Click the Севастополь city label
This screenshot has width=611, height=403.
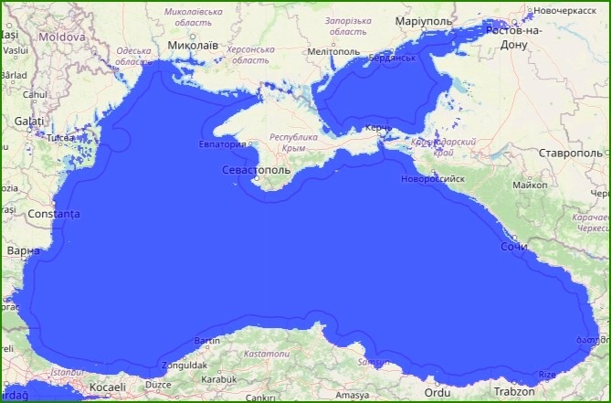pyautogui.click(x=256, y=170)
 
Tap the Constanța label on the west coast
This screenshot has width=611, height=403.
pyautogui.click(x=54, y=214)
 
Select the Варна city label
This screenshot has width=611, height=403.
pyautogui.click(x=23, y=249)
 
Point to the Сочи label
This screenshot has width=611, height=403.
pyautogui.click(x=514, y=247)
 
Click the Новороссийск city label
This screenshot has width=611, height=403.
pyautogui.click(x=433, y=178)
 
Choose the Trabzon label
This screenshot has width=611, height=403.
pyautogui.click(x=513, y=391)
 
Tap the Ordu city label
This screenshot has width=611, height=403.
pyautogui.click(x=438, y=392)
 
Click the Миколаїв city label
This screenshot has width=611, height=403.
pyautogui.click(x=194, y=44)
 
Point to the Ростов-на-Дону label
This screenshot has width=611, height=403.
pyautogui.click(x=514, y=37)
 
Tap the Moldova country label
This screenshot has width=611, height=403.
pyautogui.click(x=63, y=37)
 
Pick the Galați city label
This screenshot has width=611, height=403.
pyautogui.click(x=28, y=121)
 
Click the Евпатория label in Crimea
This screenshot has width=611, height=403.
pyautogui.click(x=223, y=143)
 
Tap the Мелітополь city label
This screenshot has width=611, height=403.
pyautogui.click(x=334, y=52)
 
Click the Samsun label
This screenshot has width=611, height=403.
pyautogui.click(x=374, y=363)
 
